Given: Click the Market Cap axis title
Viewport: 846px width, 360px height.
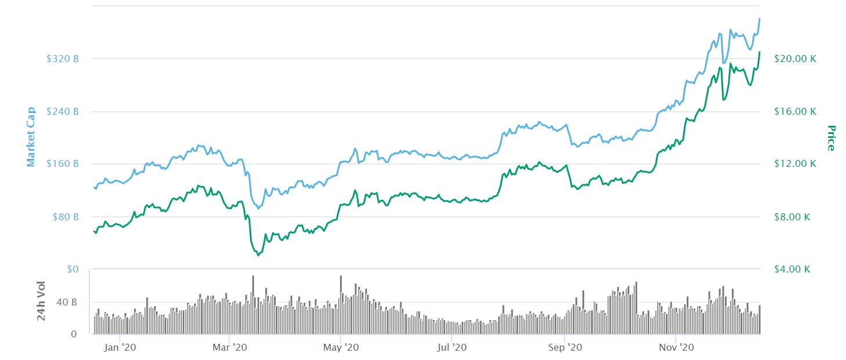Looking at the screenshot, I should pos(31,136).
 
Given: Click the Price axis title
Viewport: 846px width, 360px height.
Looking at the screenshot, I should pos(830,138).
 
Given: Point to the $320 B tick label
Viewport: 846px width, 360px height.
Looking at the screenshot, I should pos(63,59).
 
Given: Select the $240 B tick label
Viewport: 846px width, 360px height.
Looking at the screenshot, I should pos(63,111).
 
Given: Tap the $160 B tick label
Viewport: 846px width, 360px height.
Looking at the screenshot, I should pos(63,163).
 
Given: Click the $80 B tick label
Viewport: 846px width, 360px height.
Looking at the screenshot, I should pos(65,217).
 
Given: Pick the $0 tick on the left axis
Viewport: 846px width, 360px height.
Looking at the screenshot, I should pos(72,269).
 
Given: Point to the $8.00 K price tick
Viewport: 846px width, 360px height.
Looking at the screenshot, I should pos(795,217).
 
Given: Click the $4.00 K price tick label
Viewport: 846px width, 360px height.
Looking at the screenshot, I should pos(795,269).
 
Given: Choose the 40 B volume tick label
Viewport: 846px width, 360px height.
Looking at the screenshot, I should pos(66,303).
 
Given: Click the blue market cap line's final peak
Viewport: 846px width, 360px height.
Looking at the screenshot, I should pos(760,19).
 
